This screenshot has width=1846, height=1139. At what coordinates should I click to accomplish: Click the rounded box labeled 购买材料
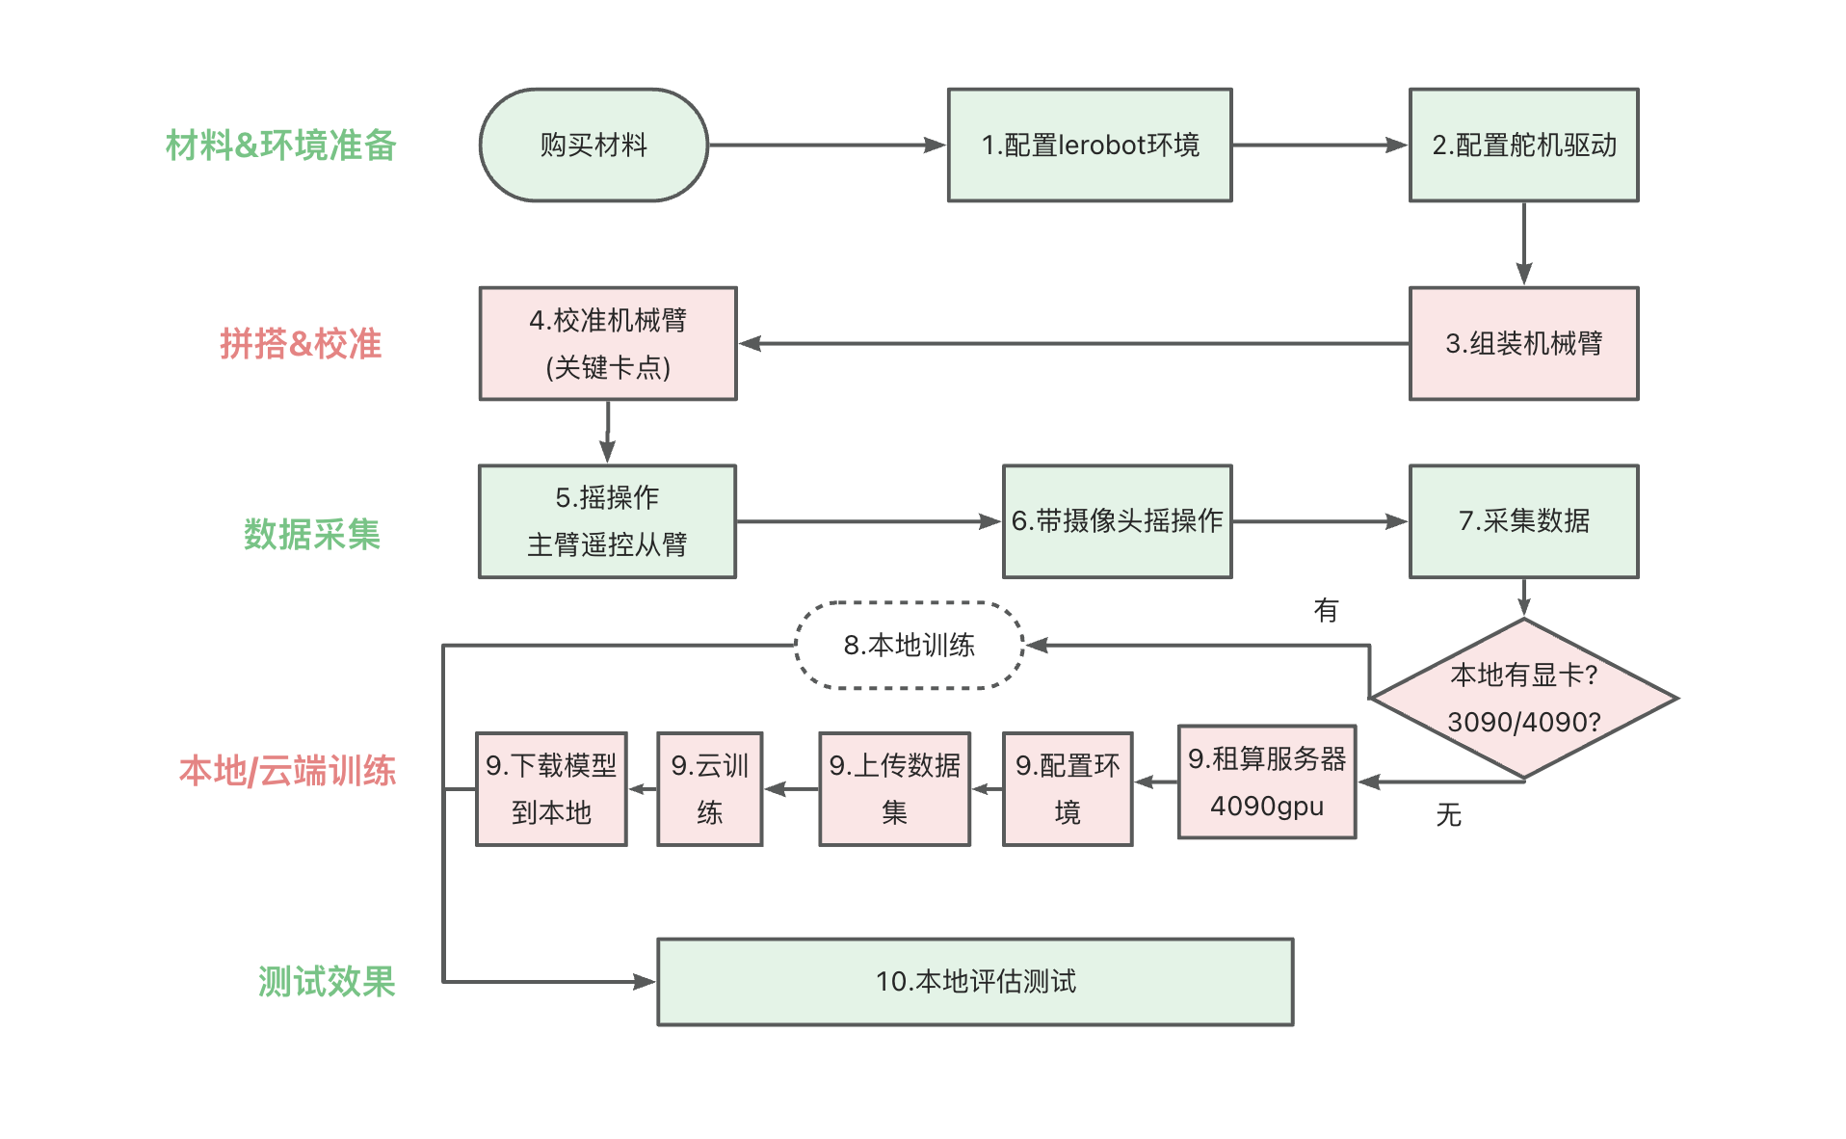pos(593,146)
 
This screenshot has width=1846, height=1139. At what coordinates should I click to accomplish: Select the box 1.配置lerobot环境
pos(1090,146)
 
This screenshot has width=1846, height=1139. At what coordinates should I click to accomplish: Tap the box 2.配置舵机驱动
pos(1523,146)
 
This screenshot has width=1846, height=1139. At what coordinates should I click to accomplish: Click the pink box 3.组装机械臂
pos(1523,343)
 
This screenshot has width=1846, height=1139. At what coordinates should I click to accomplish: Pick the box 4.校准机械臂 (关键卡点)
pos(608,343)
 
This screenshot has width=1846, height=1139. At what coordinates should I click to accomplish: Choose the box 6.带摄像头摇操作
pos(1117,521)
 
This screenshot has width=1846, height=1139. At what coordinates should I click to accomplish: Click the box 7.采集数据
pos(1523,521)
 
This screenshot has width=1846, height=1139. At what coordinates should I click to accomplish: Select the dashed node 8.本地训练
pos(909,645)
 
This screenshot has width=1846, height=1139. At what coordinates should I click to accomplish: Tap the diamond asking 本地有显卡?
pos(1523,699)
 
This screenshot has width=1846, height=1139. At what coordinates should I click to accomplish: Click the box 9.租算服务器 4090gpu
pos(1266,781)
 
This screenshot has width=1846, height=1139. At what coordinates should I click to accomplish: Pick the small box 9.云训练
pos(709,788)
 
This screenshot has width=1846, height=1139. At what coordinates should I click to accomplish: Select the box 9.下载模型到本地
pos(551,788)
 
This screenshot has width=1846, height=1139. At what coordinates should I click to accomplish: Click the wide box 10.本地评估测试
pos(975,981)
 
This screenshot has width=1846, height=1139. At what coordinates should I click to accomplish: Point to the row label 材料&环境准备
pos(280,146)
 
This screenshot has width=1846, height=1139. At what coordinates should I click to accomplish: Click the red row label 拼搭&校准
pos(301,344)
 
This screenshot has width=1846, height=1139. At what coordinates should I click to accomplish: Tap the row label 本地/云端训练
pos(287,771)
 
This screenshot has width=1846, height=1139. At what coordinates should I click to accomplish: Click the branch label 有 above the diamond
pos(1326,610)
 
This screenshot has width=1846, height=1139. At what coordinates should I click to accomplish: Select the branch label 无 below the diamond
pos(1448,815)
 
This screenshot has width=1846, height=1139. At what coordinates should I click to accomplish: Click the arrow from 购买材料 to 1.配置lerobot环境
pos(827,146)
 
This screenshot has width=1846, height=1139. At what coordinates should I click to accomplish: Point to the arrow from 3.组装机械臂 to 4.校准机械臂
pos(1074,343)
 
